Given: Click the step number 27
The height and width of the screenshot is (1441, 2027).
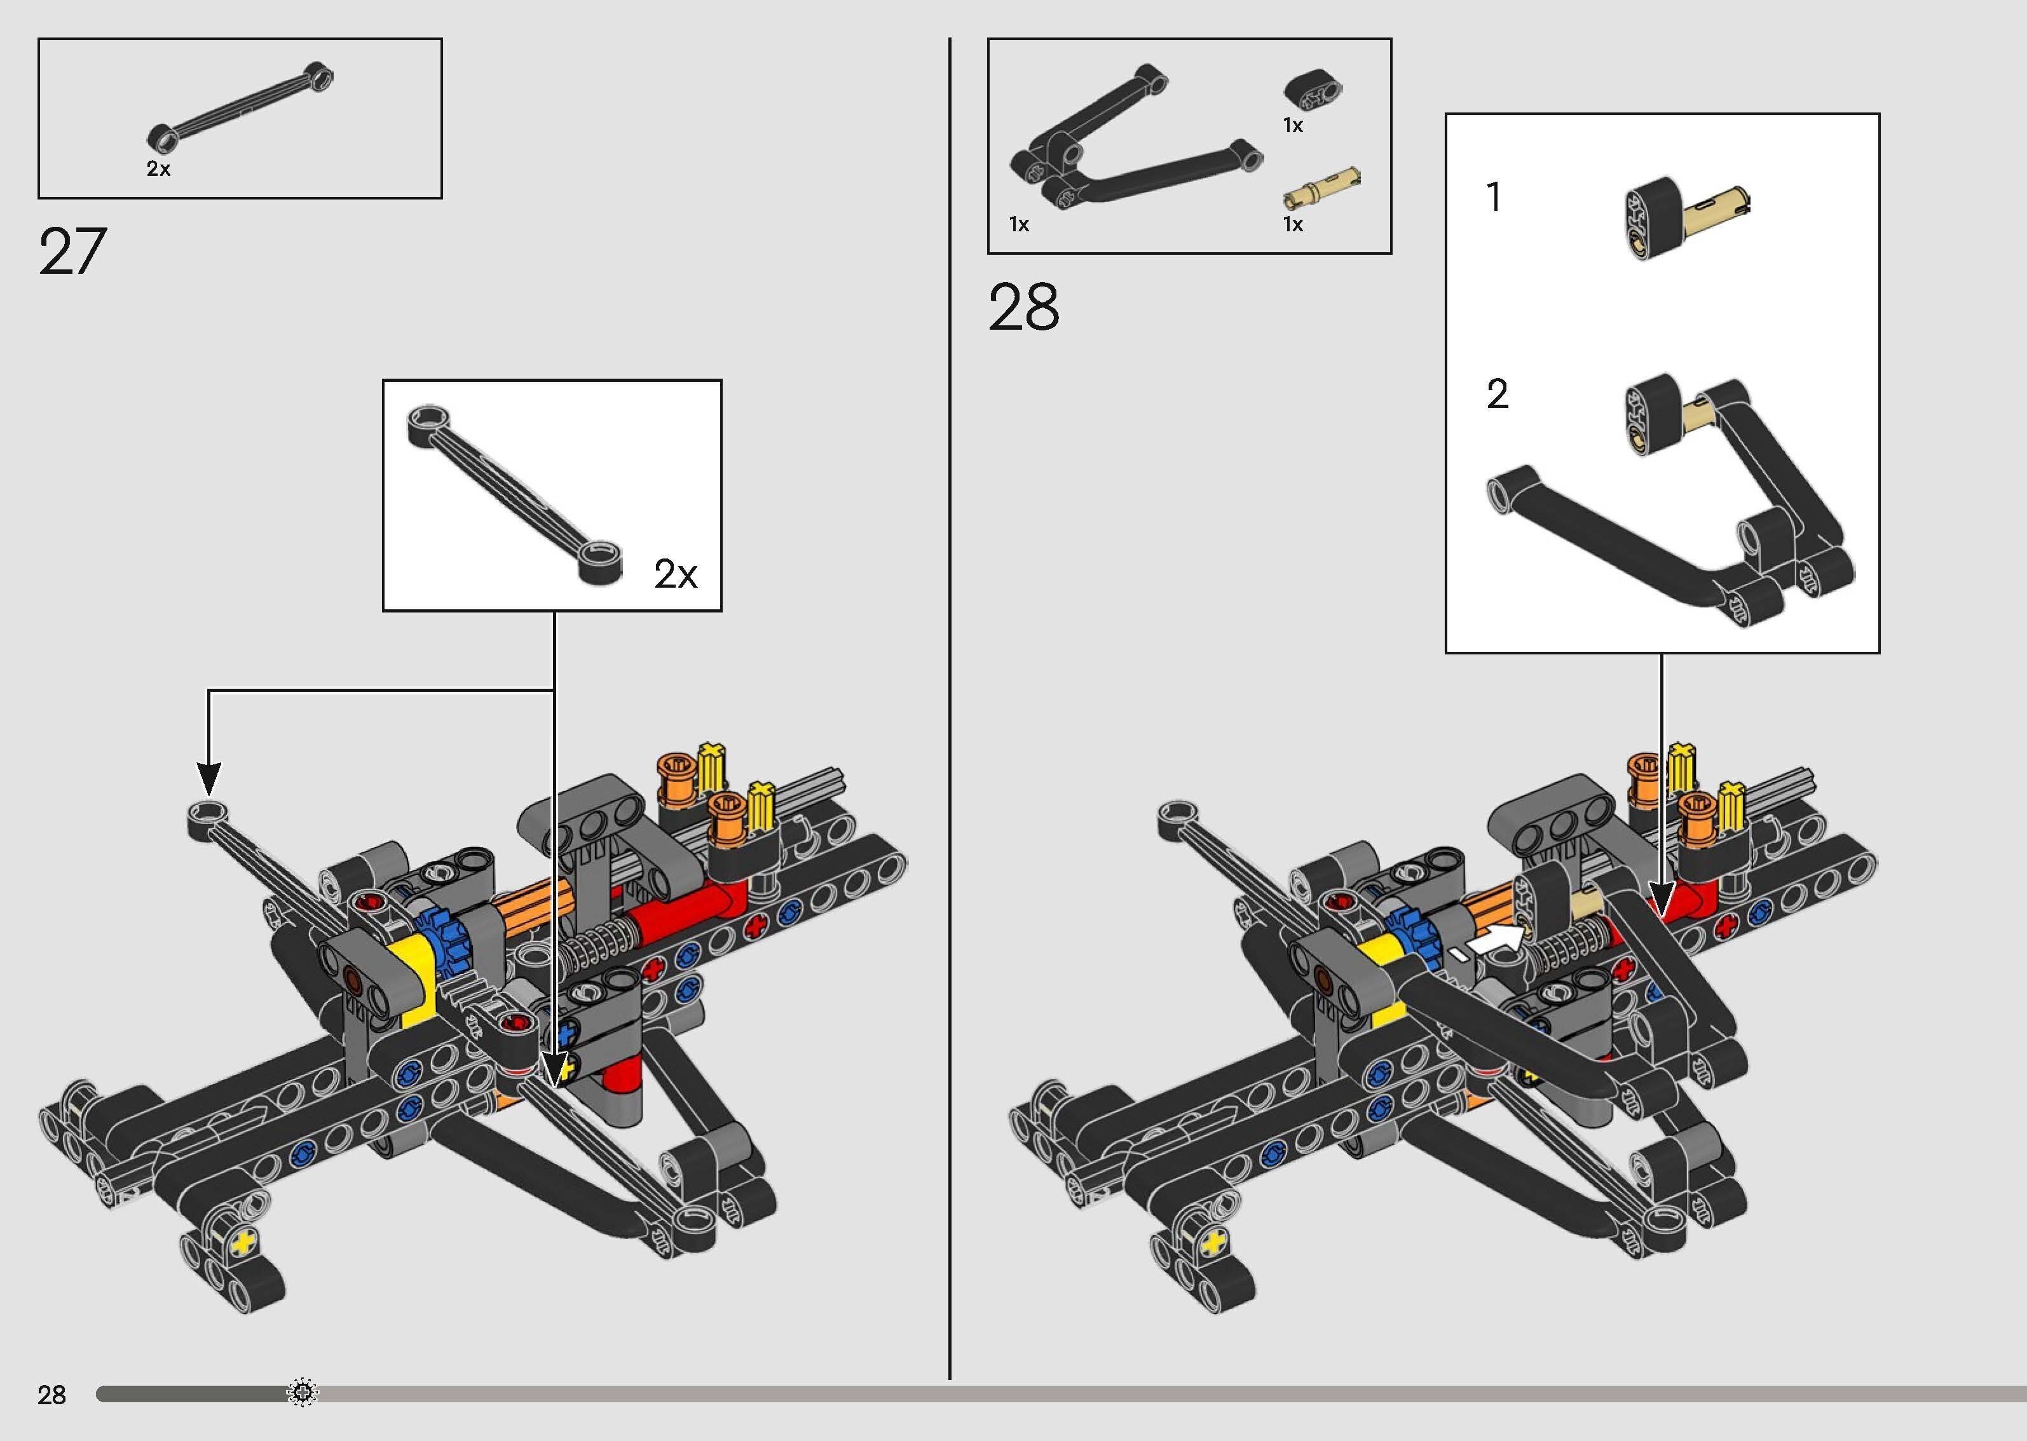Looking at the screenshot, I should click(72, 252).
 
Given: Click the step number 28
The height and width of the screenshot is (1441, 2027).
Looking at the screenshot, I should click(1023, 308).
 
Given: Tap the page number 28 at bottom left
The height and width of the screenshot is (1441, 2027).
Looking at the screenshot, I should click(51, 1395).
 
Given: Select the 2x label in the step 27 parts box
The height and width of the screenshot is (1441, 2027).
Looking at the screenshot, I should click(158, 168).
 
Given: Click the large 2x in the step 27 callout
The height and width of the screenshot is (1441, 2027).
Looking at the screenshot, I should click(676, 574).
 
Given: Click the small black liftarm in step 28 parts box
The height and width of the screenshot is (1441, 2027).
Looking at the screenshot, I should click(1313, 90).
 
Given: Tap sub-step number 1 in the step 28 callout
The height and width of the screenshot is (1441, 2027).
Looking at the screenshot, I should click(1494, 197).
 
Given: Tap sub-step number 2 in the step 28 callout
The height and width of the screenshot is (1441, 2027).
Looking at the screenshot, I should click(1497, 394).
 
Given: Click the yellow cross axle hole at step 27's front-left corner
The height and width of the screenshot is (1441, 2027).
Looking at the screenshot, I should click(242, 1243).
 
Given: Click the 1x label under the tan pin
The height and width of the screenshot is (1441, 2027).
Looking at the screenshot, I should click(1293, 224).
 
